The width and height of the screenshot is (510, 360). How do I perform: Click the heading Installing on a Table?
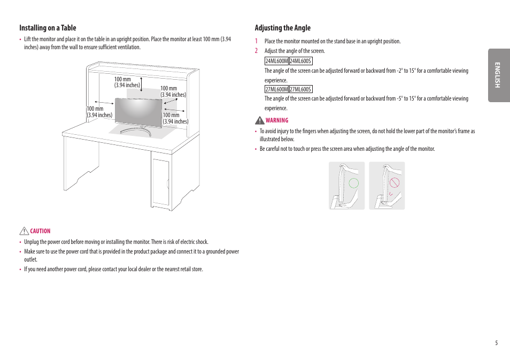(x=48, y=28)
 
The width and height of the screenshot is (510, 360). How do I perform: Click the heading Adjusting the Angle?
(x=282, y=28)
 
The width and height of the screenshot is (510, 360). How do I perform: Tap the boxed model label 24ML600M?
(x=276, y=61)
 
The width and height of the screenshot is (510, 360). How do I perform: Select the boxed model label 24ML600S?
(x=300, y=61)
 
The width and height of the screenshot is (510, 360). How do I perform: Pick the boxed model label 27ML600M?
(x=276, y=89)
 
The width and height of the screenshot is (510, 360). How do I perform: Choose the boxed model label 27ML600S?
(x=300, y=89)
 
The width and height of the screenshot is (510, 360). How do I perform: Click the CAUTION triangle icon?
(x=24, y=231)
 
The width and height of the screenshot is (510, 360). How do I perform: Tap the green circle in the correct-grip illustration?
(x=353, y=182)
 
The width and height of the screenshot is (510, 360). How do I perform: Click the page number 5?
(x=496, y=343)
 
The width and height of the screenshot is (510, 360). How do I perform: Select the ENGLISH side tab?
(x=498, y=75)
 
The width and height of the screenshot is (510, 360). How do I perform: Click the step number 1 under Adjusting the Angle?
(x=256, y=41)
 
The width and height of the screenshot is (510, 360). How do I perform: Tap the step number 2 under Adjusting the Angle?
(x=256, y=51)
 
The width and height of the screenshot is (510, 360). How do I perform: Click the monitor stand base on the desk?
(x=135, y=130)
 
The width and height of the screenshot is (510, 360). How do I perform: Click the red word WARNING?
(x=277, y=120)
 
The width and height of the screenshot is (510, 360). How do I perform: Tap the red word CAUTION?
(x=40, y=231)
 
